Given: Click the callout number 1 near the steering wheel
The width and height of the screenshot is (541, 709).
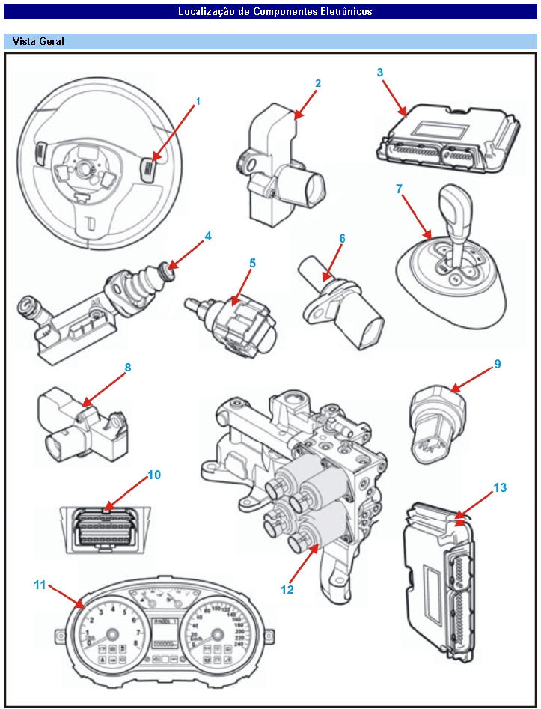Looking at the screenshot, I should click(x=198, y=100).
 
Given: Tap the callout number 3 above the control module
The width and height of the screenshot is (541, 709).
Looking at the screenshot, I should click(x=380, y=73).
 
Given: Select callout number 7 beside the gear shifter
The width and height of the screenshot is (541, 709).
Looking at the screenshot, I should click(x=400, y=189).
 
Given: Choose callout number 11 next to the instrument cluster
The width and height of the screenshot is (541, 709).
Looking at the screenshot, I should click(x=40, y=585).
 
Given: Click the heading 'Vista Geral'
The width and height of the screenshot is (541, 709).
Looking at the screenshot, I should click(x=38, y=42).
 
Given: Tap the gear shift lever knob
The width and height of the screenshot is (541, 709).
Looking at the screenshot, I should click(x=453, y=199).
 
